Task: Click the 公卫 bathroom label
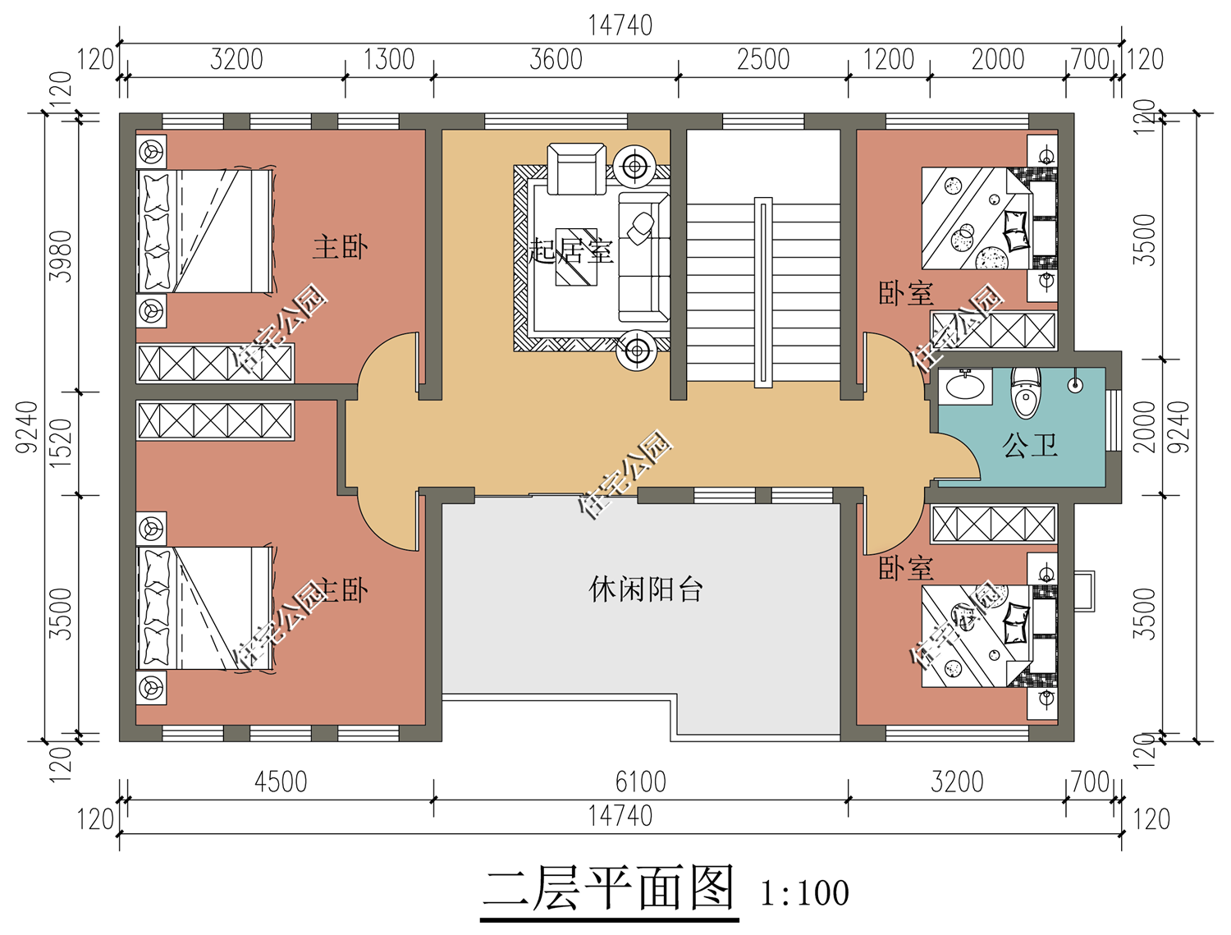pyautogui.click(x=1030, y=446)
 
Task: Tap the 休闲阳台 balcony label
pyautogui.click(x=646, y=589)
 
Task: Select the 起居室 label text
pyautogui.click(x=571, y=250)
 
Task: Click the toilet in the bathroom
pyautogui.click(x=1026, y=392)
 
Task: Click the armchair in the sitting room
pyautogui.click(x=576, y=169)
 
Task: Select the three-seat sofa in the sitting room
pyautogui.click(x=643, y=257)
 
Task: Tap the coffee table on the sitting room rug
pyautogui.click(x=576, y=256)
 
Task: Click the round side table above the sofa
pyautogui.click(x=634, y=167)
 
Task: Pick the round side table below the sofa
pyautogui.click(x=634, y=351)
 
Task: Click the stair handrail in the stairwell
pyautogui.click(x=763, y=292)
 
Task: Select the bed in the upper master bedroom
pyautogui.click(x=205, y=231)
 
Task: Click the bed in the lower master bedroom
pyautogui.click(x=205, y=608)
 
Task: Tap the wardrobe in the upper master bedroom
pyautogui.click(x=215, y=363)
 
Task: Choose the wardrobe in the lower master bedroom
pyautogui.click(x=215, y=421)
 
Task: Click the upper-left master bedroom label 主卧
pyautogui.click(x=340, y=247)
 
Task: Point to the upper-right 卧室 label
pyautogui.click(x=906, y=294)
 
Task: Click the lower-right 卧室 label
pyautogui.click(x=906, y=568)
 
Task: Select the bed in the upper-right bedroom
pyautogui.click(x=977, y=218)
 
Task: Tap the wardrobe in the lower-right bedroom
pyautogui.click(x=994, y=524)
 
